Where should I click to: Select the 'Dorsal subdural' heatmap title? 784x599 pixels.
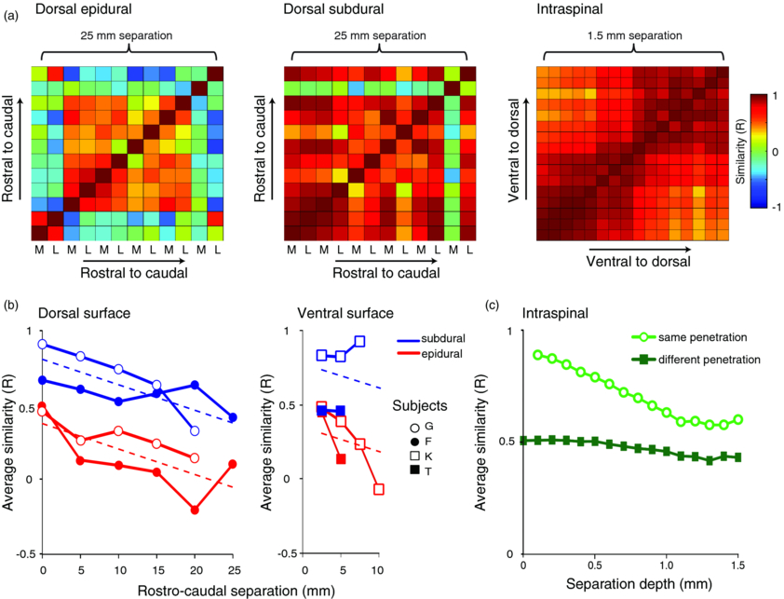[336, 9]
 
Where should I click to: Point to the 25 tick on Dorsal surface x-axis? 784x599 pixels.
[233, 567]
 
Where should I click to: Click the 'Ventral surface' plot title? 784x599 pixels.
[342, 314]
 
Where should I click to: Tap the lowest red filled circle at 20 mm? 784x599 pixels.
[195, 510]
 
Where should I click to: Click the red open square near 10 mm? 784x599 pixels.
[379, 489]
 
